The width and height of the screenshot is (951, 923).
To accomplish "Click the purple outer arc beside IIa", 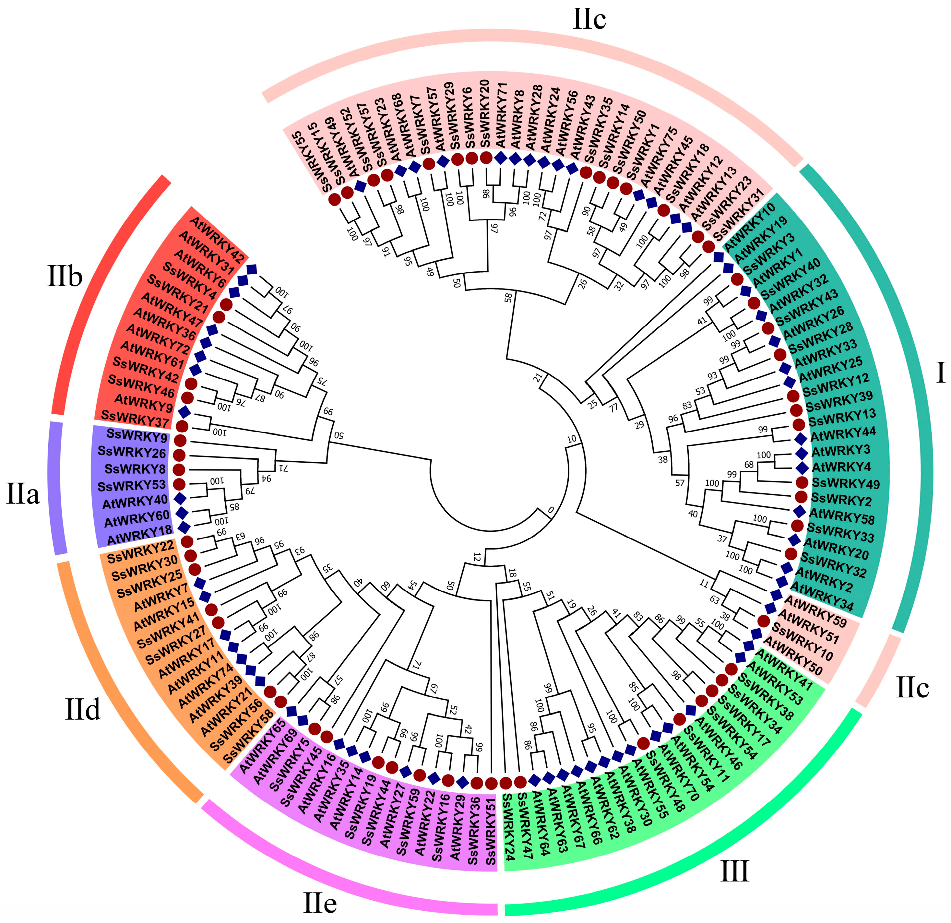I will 57,488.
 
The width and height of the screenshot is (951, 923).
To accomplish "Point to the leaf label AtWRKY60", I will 137,518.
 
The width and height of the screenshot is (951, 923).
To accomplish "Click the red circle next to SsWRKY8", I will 179,469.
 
